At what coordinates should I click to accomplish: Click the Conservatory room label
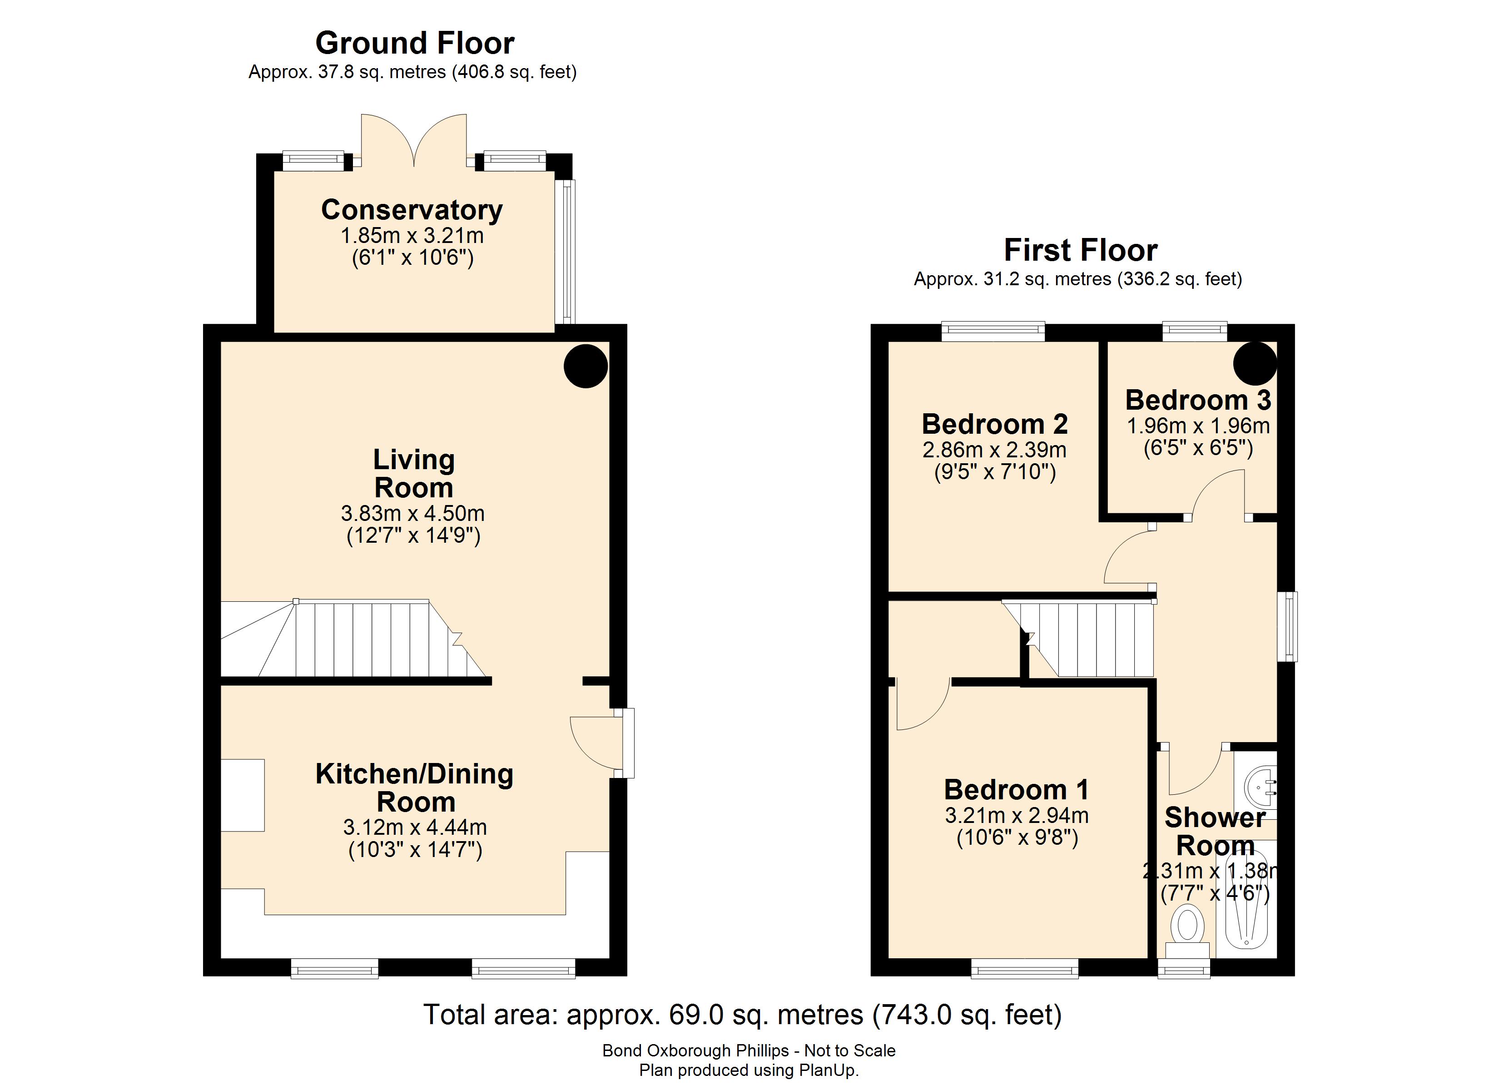click(412, 210)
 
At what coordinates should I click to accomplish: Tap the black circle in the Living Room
click(585, 366)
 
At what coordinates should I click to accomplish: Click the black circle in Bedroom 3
click(1255, 363)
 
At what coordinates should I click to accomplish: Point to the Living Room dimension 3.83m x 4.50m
click(412, 513)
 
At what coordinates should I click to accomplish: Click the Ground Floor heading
click(414, 44)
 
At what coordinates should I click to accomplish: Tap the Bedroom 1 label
click(1016, 789)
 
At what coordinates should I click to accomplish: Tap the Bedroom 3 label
click(1198, 400)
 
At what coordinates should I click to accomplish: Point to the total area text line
click(742, 1015)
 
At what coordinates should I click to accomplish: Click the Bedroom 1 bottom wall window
click(1024, 969)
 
